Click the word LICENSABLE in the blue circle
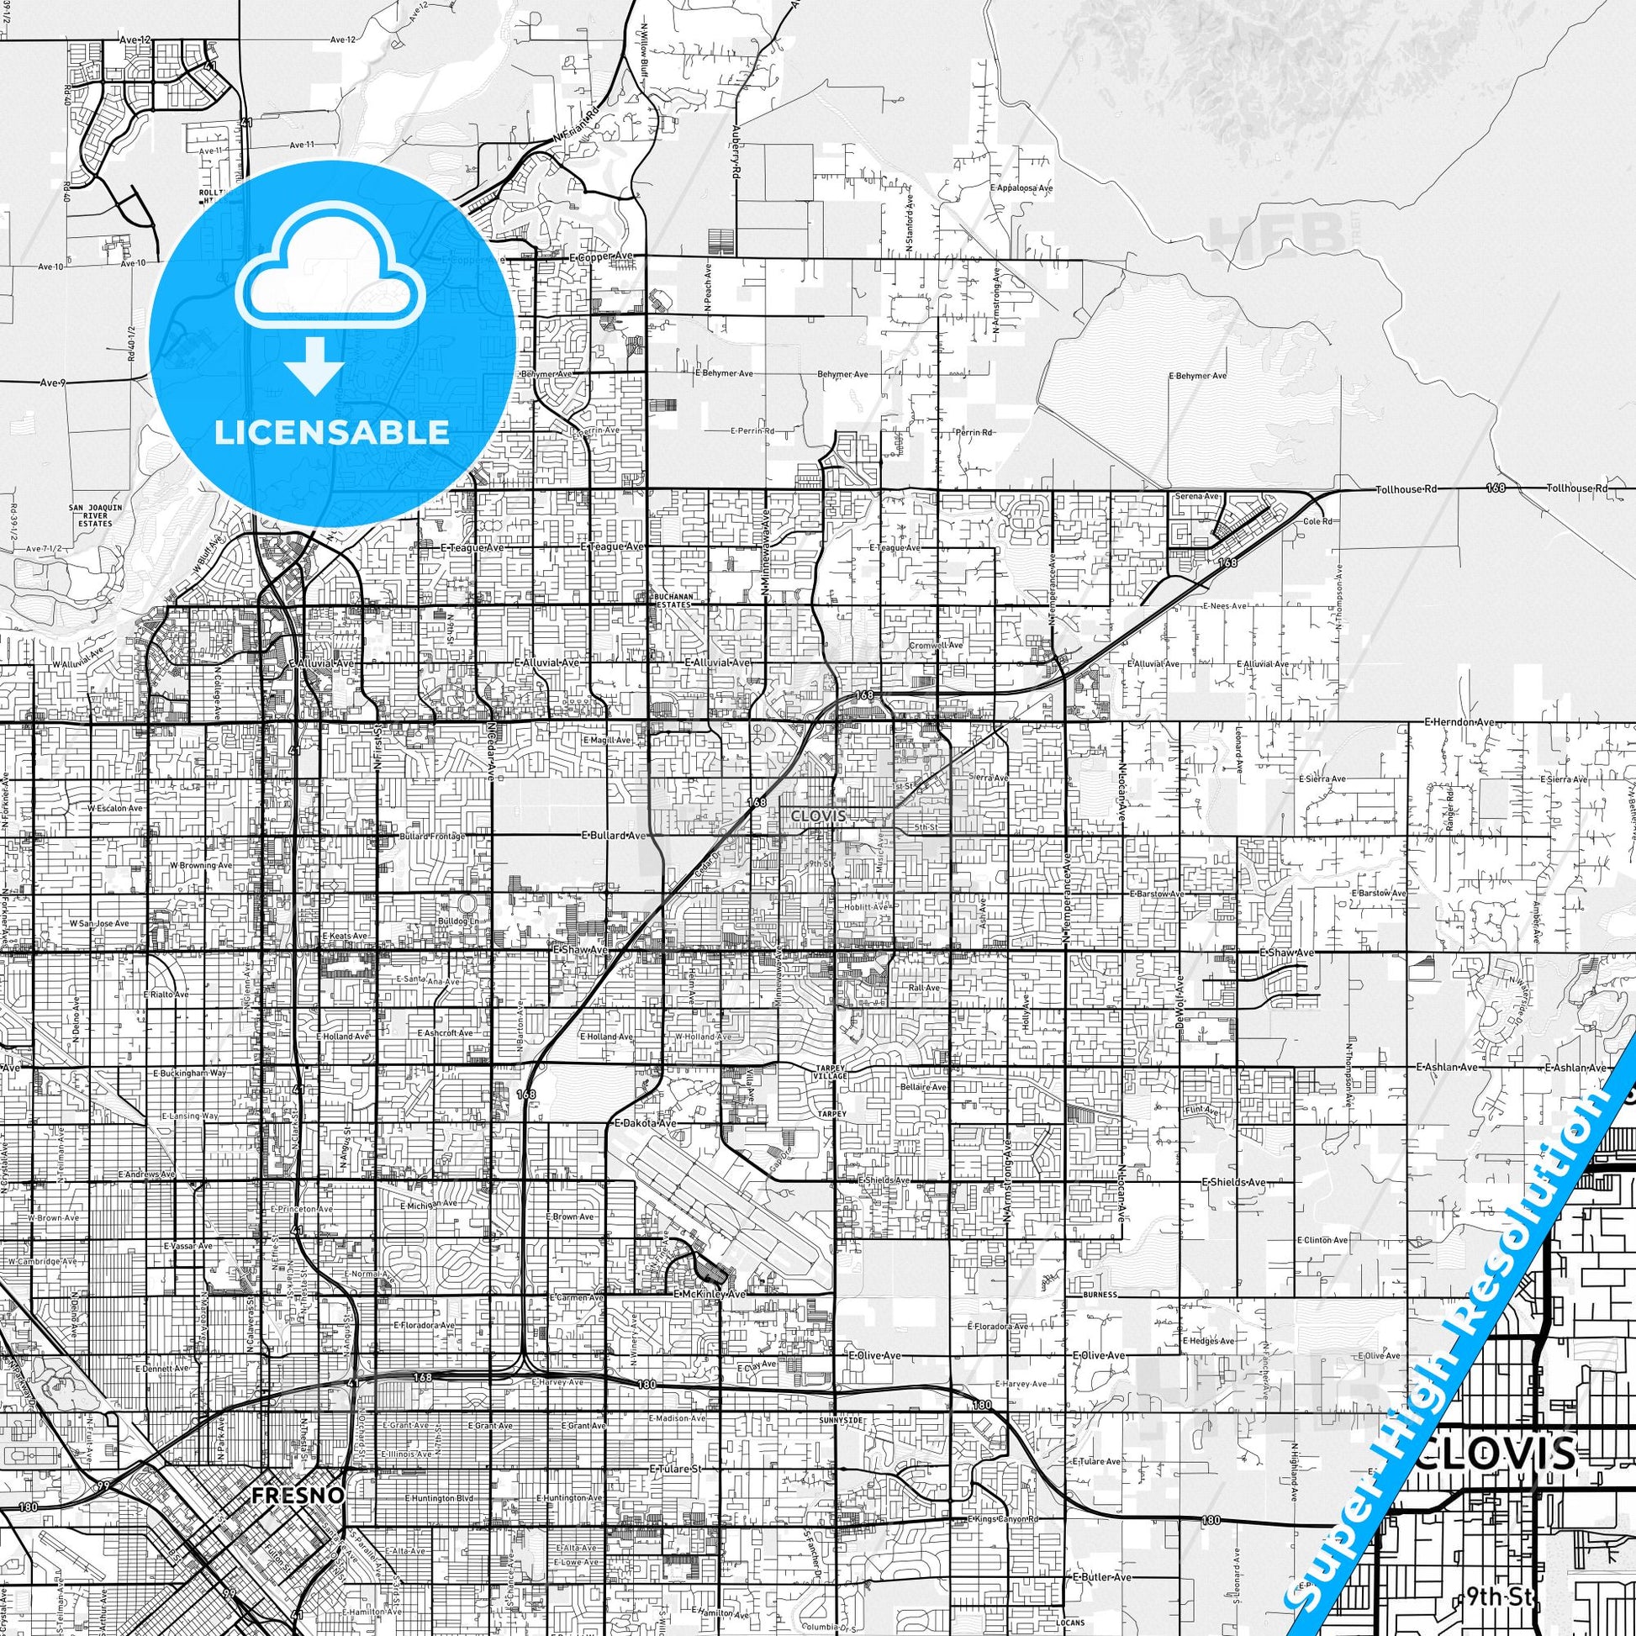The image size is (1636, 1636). pyautogui.click(x=332, y=432)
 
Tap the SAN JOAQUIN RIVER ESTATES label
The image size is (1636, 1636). pyautogui.click(x=92, y=515)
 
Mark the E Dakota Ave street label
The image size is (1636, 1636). pyautogui.click(x=646, y=1100)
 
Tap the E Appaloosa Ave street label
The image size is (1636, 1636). pyautogui.click(x=1023, y=187)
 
